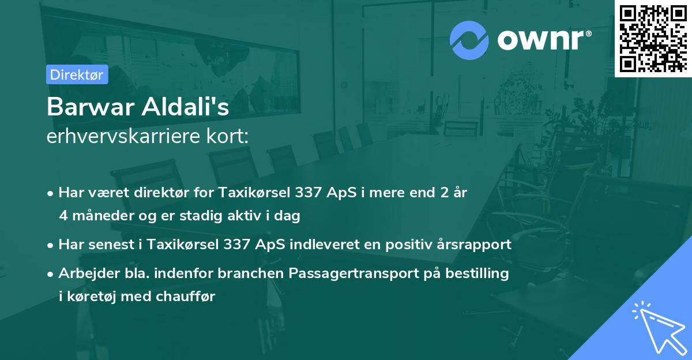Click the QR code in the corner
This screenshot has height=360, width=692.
coord(653,39)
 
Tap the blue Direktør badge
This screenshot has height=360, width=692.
coord(77,74)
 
